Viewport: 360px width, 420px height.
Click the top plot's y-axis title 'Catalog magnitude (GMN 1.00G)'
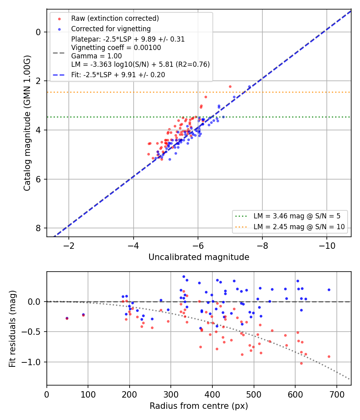pos(27,123)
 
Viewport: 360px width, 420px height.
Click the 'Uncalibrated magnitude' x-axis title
pos(199,257)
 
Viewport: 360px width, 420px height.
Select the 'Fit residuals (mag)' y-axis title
pos(12,329)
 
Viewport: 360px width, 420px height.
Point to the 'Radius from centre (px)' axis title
pos(199,406)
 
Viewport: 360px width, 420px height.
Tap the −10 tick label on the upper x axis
pos(326,246)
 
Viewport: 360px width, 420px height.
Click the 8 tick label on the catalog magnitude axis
pos(38,228)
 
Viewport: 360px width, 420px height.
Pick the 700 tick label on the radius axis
pos(336,394)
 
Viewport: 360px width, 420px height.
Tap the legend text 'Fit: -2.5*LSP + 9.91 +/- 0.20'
pos(118,75)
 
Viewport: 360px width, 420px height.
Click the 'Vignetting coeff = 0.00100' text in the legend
pos(116,48)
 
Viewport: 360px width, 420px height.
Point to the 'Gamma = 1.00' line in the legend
pos(96,56)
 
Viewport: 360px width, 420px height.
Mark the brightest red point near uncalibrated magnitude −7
pos(230,87)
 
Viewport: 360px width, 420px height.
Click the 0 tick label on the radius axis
pos(47,394)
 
